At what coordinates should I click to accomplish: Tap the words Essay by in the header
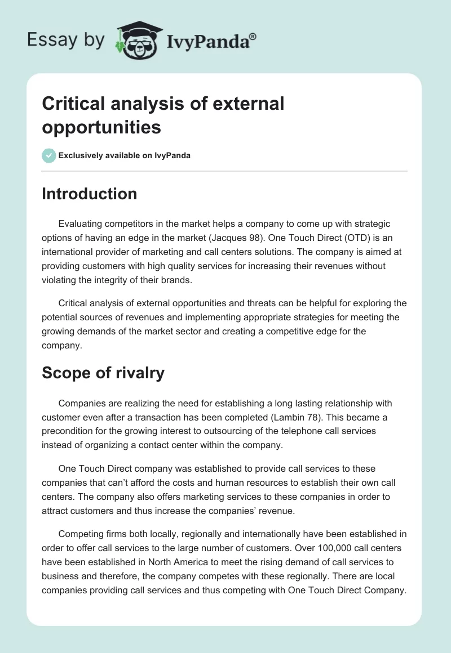click(65, 40)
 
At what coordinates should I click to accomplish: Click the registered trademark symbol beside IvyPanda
click(253, 37)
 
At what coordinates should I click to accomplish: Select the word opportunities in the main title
click(101, 127)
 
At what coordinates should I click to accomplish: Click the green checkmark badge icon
click(49, 155)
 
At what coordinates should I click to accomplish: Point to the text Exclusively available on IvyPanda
click(125, 155)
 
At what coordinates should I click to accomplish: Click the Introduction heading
click(89, 194)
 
